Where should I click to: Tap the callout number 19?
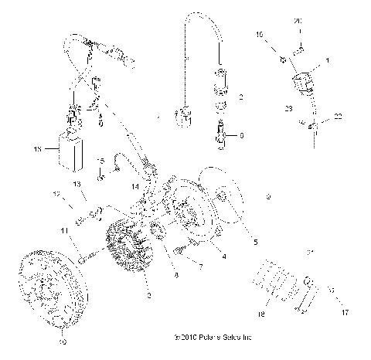coord(259,36)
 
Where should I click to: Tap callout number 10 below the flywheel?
coord(63,341)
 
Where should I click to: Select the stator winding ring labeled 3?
coord(127,248)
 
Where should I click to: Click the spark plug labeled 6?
coord(222,137)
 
